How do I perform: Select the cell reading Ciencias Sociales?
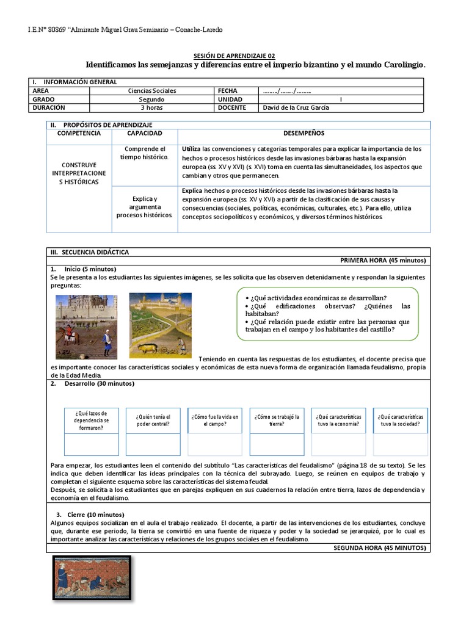point(148,90)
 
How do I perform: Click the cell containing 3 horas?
point(148,107)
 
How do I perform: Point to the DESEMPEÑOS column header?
point(304,133)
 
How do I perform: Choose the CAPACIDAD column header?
point(145,133)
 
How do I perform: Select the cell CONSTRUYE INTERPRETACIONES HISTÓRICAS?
point(79,173)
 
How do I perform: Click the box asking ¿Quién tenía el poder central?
point(153,421)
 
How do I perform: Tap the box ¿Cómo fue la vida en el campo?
point(215,421)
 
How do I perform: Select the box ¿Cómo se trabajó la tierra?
point(277,421)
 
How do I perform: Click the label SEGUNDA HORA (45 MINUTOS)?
point(381,548)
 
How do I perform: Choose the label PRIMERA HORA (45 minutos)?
point(383,261)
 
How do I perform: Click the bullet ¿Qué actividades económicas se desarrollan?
point(316,297)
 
